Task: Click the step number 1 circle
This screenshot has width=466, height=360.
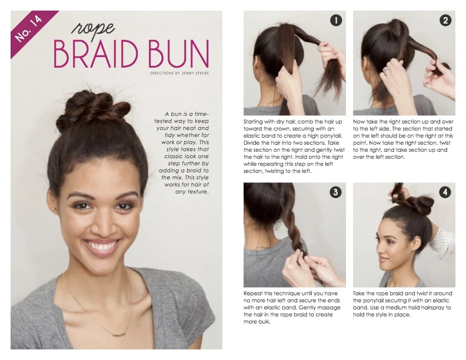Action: coord(336,21)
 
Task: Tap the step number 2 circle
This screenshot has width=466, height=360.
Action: coord(445,21)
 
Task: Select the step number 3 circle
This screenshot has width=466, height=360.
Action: coord(336,192)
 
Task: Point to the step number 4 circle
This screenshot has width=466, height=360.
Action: coord(445,192)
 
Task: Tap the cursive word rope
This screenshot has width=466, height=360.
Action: coord(93,28)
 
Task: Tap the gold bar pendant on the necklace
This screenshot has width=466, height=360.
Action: coord(115,333)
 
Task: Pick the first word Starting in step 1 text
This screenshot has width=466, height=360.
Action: coord(254,122)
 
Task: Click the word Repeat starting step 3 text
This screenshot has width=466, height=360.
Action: coord(253,293)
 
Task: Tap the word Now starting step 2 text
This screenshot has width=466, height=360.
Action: coord(360,122)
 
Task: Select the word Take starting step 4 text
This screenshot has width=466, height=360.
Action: coord(360,293)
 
